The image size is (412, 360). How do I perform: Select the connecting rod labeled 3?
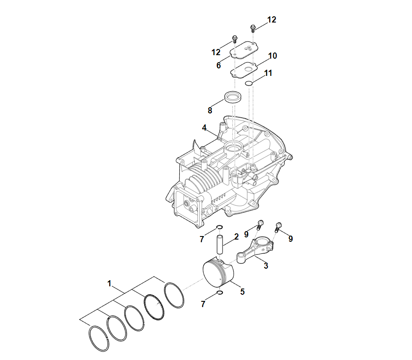(x=255, y=250)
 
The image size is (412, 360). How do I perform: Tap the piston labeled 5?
(x=219, y=274)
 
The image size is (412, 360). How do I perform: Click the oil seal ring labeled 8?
(x=233, y=97)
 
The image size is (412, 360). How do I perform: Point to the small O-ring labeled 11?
(x=249, y=83)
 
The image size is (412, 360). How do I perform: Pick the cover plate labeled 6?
(x=244, y=50)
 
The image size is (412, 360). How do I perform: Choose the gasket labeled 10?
(x=244, y=70)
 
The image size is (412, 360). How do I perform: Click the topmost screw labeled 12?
(x=253, y=28)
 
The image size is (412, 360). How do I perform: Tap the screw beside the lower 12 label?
(x=235, y=39)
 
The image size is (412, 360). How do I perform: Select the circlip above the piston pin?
(x=220, y=227)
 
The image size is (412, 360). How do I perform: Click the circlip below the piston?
(x=220, y=292)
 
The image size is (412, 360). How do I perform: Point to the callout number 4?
(x=204, y=128)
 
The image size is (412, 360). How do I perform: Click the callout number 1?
(x=110, y=283)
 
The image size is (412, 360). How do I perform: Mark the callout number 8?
(x=210, y=111)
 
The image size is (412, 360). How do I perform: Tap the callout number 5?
(x=242, y=292)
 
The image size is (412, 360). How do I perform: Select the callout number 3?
(x=266, y=266)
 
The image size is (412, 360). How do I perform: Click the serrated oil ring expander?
(x=154, y=307)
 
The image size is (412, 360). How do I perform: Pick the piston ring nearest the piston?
(x=174, y=295)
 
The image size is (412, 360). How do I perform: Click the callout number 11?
(x=268, y=73)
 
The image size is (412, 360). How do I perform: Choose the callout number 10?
(x=272, y=56)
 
